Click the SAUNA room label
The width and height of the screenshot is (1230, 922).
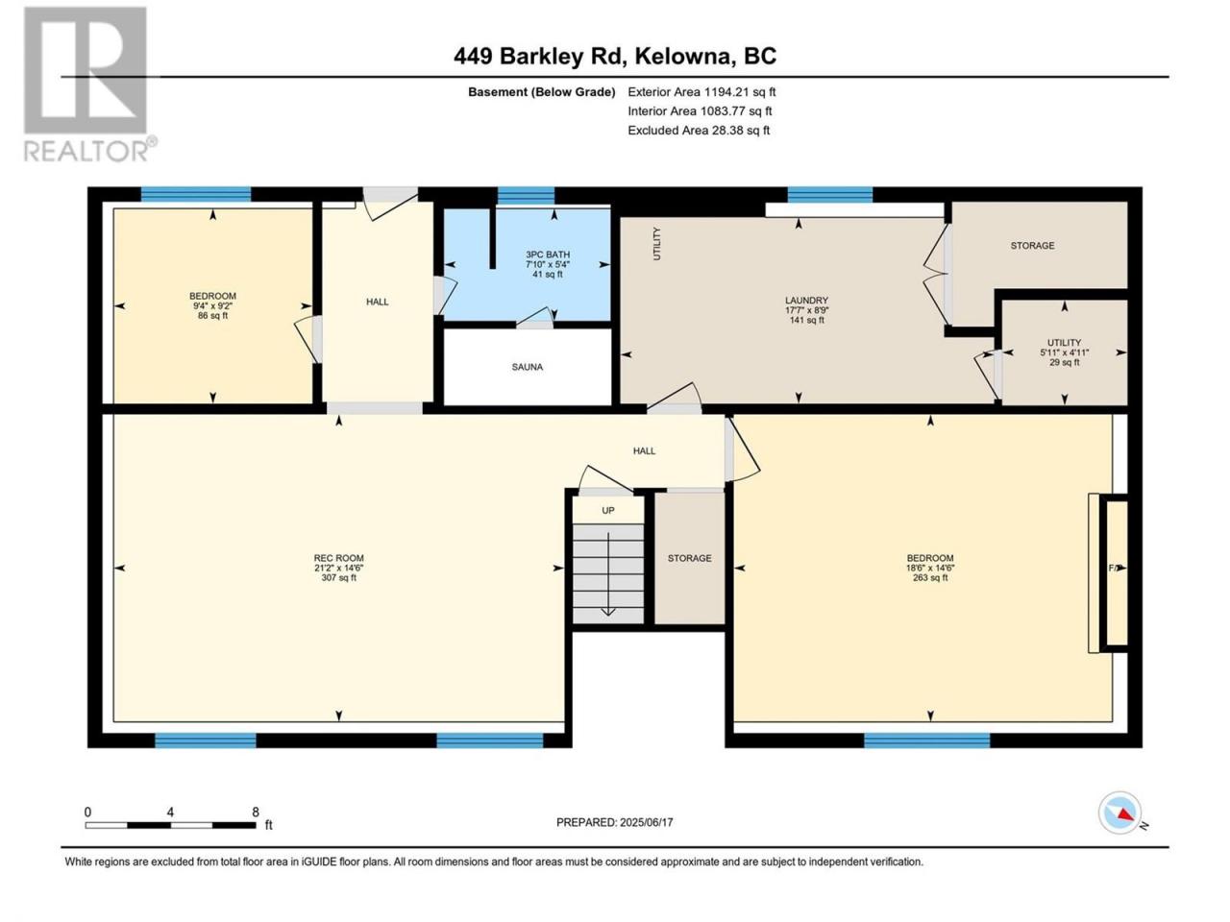tap(527, 367)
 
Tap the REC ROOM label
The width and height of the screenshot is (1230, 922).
tap(338, 558)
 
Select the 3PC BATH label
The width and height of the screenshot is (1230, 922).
tap(548, 255)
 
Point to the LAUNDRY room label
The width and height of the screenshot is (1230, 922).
tap(806, 301)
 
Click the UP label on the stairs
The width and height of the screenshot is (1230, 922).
tap(608, 511)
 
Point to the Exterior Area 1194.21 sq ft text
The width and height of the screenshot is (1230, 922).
tap(701, 92)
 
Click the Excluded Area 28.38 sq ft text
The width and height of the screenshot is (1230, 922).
tap(699, 131)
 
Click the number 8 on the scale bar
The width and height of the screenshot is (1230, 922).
tap(256, 813)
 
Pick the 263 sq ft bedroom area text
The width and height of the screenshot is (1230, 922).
tap(930, 578)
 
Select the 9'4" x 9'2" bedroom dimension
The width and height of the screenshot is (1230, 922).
tap(212, 305)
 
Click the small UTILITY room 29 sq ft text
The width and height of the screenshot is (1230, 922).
tap(1064, 362)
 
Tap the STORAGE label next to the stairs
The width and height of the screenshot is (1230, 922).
tap(689, 558)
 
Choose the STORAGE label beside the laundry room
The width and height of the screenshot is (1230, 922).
tap(1032, 246)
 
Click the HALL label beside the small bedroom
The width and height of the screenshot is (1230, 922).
tap(377, 302)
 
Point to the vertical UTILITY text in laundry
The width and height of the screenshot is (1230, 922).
tap(656, 244)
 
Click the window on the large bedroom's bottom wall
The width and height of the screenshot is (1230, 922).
tap(927, 740)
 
